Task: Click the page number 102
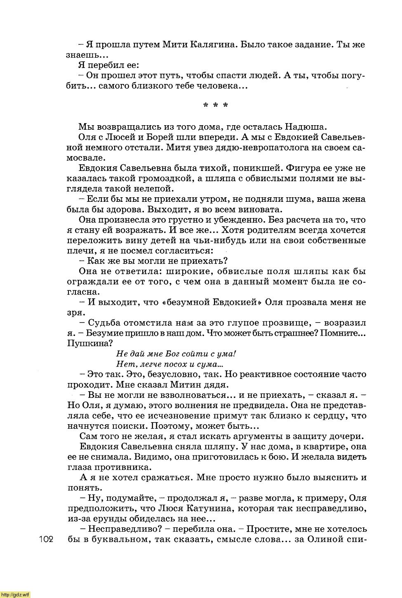pyautogui.click(x=47, y=540)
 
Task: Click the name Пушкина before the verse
pyautogui.click(x=88, y=343)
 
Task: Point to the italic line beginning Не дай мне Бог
pyautogui.click(x=176, y=354)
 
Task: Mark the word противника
pyautogui.click(x=123, y=467)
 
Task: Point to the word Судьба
pyautogui.click(x=103, y=323)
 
